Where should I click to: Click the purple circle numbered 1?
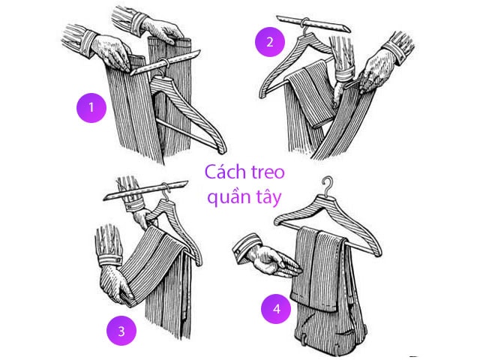click(91, 108)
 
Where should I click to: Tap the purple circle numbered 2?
click(270, 42)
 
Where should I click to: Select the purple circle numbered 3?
click(121, 331)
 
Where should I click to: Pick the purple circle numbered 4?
click(276, 308)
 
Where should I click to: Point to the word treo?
click(268, 172)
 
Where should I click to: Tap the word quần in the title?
click(226, 196)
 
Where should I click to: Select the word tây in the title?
click(266, 197)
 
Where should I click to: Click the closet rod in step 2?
click(313, 23)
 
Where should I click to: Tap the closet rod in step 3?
click(146, 190)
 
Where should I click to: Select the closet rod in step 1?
click(165, 63)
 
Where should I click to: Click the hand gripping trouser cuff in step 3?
click(115, 285)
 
